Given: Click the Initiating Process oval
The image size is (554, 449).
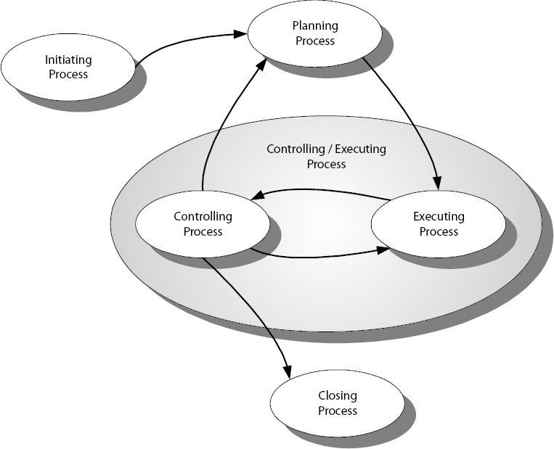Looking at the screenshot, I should click(68, 67).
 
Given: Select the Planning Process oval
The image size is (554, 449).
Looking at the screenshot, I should click(314, 33).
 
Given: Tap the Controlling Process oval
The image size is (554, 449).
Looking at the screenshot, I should click(203, 224).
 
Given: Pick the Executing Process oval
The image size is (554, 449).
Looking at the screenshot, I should click(438, 224).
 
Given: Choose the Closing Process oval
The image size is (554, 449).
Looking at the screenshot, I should click(337, 403).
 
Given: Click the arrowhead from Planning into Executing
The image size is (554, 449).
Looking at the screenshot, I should click(437, 183).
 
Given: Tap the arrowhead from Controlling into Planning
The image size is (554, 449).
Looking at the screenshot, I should click(257, 65).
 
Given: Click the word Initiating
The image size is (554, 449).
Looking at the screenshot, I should click(68, 60).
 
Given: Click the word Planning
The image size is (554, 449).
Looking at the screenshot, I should click(314, 27).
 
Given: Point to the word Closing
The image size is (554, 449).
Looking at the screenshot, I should click(337, 396).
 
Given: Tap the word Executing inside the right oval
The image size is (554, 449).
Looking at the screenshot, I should click(439, 217).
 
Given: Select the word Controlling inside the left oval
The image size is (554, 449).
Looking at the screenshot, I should click(203, 217).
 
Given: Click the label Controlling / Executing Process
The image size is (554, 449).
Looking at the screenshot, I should click(326, 157).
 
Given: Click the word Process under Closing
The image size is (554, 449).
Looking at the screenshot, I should click(337, 411).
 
